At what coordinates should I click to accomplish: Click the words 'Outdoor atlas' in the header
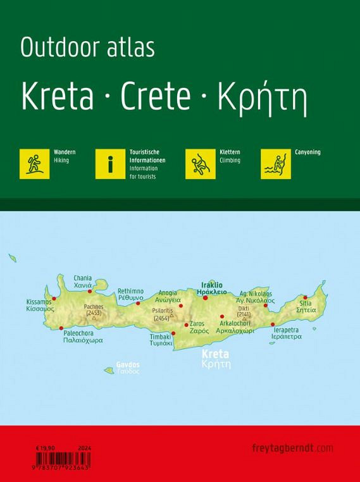88,48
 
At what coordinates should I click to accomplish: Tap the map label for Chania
83,281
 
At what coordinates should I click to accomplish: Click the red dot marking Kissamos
54,299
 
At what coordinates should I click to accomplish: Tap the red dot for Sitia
305,297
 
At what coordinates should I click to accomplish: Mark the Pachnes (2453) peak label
94,310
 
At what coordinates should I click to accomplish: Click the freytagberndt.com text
295,448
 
